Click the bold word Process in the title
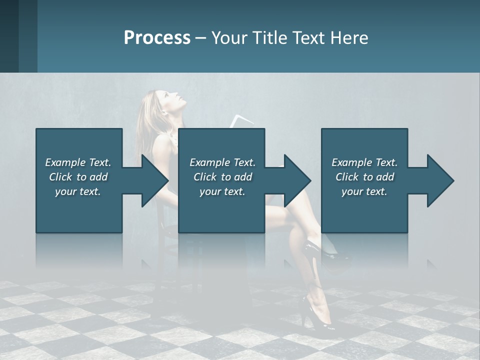[157, 38]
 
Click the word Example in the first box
[64, 162]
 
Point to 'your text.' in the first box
[78, 191]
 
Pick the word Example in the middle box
[209, 162]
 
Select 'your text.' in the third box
[364, 191]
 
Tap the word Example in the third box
[351, 162]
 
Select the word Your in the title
[228, 38]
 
